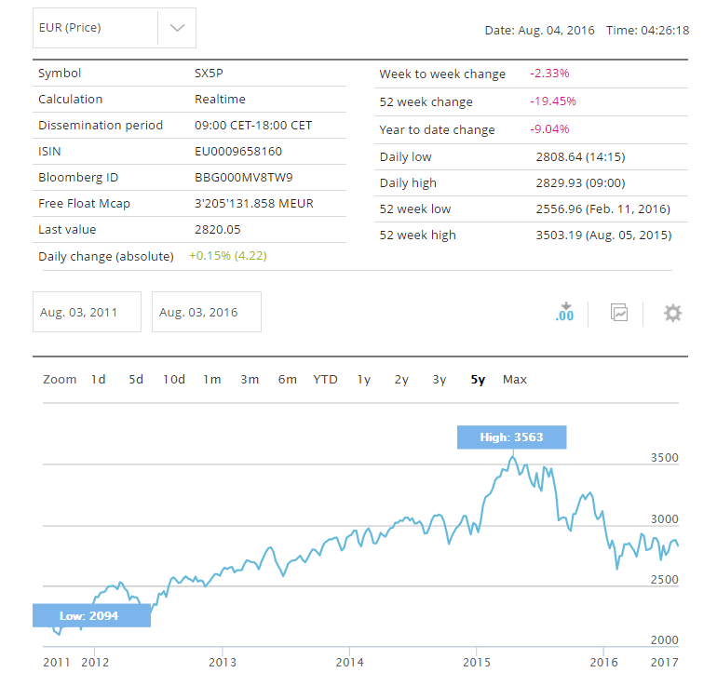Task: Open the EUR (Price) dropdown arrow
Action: click(177, 28)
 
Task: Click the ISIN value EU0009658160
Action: click(237, 151)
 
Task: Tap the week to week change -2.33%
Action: click(549, 74)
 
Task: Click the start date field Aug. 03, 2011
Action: click(87, 312)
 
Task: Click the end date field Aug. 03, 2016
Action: click(206, 312)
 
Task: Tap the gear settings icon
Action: click(672, 313)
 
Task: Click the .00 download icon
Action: click(564, 313)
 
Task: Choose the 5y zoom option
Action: click(478, 379)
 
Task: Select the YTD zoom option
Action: click(325, 379)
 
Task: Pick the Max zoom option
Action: click(514, 379)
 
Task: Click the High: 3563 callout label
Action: click(511, 437)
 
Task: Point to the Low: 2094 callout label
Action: click(91, 615)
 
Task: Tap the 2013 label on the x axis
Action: click(222, 662)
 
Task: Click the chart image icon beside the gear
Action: click(619, 313)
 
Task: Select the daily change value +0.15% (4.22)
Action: click(227, 255)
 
